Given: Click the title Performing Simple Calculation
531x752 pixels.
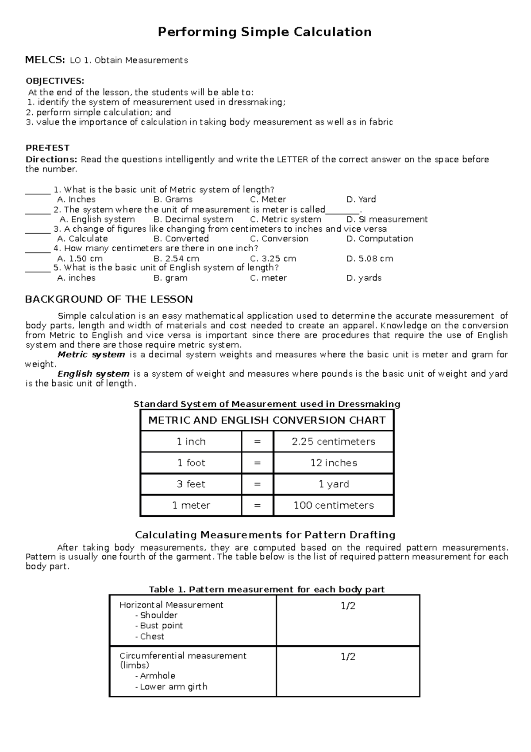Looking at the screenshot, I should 265,32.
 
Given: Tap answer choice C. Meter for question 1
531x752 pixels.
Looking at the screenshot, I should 268,199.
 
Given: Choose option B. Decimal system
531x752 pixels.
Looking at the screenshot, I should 193,219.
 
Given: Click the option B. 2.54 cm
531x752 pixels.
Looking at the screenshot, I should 176,258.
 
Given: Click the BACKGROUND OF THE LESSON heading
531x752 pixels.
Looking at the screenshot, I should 109,299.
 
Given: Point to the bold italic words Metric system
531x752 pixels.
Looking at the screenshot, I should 91,355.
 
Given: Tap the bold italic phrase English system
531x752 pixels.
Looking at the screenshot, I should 93,374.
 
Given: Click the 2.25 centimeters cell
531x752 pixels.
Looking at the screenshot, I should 333,441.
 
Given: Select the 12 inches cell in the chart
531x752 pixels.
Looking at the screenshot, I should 333,463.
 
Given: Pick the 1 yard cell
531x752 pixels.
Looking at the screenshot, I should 333,484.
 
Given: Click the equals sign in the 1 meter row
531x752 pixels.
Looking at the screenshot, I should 258,505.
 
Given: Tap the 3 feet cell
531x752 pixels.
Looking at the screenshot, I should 191,484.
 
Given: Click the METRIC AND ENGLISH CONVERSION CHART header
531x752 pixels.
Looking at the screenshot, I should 267,420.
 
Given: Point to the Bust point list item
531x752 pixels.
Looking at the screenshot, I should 161,626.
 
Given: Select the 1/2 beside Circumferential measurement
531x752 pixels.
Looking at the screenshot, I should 348,657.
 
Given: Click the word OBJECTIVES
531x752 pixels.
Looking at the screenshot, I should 54,81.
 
